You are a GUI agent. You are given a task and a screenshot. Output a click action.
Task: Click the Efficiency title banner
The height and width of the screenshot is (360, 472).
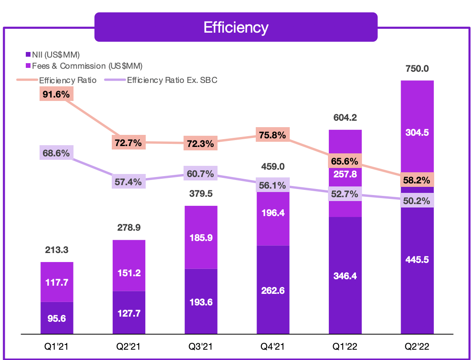click(236, 27)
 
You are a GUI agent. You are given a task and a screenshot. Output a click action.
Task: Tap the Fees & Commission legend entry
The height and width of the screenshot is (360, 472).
click(84, 66)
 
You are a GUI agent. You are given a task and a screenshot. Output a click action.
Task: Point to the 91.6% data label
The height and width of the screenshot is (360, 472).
click(56, 94)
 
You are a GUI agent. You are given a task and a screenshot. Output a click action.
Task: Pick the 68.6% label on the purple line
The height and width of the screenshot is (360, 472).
click(56, 153)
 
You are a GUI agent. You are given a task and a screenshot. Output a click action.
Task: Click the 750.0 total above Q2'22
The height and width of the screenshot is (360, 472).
click(417, 69)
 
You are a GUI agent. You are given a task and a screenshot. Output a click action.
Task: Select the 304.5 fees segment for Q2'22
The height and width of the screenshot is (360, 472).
click(417, 133)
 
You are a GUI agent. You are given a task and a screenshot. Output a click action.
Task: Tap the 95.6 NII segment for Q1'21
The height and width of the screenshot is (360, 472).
click(57, 319)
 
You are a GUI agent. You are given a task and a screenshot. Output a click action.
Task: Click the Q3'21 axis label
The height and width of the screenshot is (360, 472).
click(201, 346)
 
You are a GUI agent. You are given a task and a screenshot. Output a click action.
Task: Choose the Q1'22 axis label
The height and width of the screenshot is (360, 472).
click(345, 346)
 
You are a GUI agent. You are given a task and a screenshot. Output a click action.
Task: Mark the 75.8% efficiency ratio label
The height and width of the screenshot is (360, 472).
click(273, 135)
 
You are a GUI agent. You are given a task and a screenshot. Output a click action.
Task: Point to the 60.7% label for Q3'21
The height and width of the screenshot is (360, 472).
click(201, 174)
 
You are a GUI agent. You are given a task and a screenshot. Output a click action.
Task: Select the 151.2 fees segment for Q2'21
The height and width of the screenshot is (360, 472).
click(129, 273)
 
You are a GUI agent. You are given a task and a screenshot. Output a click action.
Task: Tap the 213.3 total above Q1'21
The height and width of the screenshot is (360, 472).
click(57, 250)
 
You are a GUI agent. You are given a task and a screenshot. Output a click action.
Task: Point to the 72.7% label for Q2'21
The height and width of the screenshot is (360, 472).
click(129, 143)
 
